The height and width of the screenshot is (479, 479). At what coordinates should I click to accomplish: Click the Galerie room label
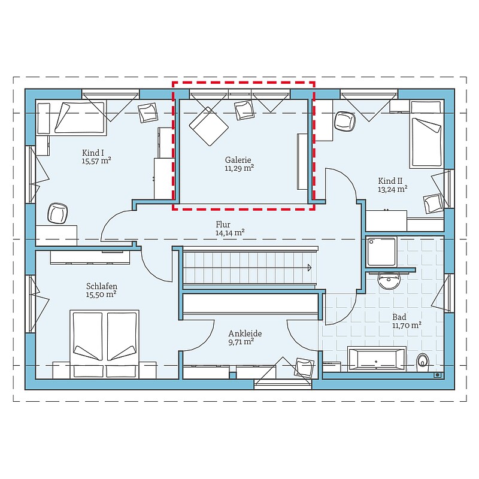(238, 160)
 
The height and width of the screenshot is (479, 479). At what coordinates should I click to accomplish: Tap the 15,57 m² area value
(96, 160)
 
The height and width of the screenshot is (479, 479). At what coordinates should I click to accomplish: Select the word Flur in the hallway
(223, 225)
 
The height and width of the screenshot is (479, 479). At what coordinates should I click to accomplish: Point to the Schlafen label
(102, 286)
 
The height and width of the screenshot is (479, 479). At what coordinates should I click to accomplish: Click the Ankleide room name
(245, 334)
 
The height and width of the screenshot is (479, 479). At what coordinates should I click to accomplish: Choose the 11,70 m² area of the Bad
(407, 325)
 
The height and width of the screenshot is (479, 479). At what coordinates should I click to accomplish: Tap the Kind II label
(390, 181)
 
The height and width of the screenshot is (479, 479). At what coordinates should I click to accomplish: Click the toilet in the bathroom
(423, 360)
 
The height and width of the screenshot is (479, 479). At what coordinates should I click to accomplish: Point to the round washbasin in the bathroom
(389, 280)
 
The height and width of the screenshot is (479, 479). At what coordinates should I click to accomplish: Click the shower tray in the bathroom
(382, 251)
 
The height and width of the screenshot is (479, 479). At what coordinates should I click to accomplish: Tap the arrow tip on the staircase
(310, 268)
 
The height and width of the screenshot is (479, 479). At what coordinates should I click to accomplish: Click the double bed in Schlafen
(104, 344)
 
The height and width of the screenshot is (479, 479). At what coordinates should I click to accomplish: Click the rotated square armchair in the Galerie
(209, 126)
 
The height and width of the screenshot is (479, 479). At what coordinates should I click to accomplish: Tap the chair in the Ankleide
(304, 368)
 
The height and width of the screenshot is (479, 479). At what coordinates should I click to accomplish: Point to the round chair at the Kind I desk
(57, 213)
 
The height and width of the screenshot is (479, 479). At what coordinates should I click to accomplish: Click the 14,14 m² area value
(230, 233)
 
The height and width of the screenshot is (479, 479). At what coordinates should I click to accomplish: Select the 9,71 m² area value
(241, 341)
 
